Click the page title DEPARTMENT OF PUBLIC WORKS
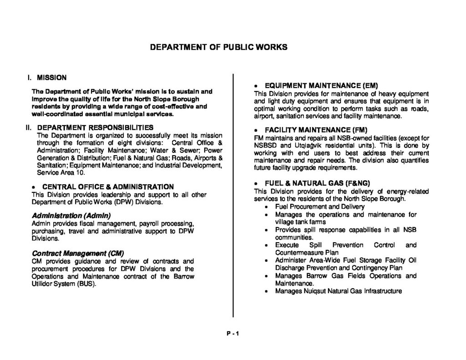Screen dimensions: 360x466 [219, 47]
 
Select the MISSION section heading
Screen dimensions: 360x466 [52, 77]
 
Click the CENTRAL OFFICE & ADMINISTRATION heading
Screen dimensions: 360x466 [108, 187]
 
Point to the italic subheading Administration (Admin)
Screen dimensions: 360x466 [71, 215]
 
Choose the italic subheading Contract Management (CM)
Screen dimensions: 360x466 [78, 253]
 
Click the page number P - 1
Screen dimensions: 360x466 [233, 333]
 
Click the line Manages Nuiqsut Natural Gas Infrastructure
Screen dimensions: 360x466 [339, 291]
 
